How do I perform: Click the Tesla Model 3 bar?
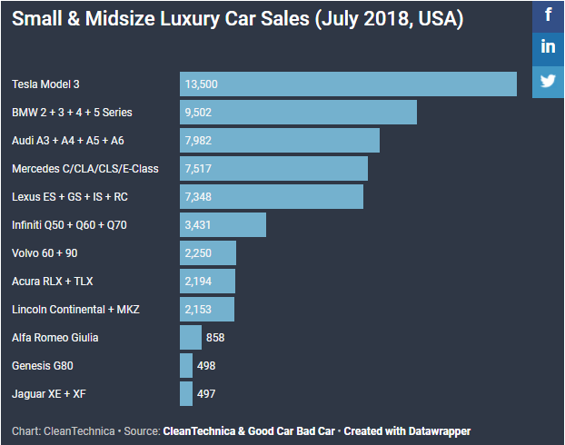(348, 84)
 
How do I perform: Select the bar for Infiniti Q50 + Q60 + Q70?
(223, 224)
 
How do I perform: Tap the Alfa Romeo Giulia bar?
(191, 337)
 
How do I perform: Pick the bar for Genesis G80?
(186, 365)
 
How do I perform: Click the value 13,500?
(201, 84)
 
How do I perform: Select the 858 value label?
(215, 338)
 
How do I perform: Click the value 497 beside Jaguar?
(206, 394)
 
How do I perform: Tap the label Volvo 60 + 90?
(45, 253)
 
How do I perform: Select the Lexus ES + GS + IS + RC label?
(64, 197)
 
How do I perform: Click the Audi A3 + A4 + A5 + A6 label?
(68, 141)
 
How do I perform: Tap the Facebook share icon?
(549, 15)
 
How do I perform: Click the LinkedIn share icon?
(549, 47)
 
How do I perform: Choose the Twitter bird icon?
(549, 80)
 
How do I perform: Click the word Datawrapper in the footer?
(439, 430)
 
